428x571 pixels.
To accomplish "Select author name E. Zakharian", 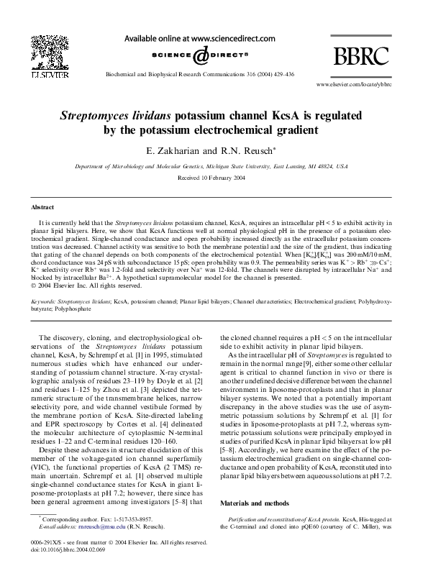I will point(172,150).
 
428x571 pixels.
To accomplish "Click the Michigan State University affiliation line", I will point(211,165).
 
